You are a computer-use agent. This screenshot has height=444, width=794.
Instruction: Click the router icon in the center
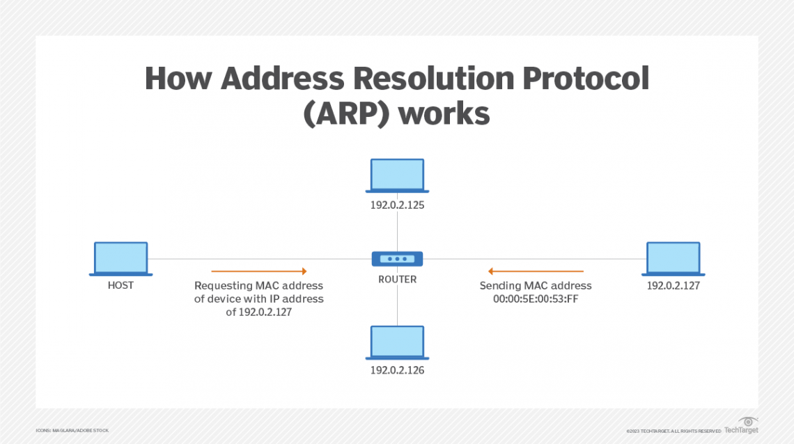coord(397,259)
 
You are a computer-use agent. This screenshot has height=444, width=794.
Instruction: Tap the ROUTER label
coord(397,279)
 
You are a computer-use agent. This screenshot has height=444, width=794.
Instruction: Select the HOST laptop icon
coord(121,259)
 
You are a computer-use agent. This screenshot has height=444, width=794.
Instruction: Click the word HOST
coord(120,285)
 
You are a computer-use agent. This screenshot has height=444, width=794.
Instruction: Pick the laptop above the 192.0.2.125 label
coord(397,176)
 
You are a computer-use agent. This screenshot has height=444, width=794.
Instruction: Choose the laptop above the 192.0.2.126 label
coord(397,342)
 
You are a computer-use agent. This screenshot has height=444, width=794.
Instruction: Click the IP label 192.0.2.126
coord(397,370)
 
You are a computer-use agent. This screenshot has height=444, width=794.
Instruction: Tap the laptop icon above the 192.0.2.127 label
coord(674,259)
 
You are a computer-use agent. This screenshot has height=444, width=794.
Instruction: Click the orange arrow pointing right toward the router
coord(258,271)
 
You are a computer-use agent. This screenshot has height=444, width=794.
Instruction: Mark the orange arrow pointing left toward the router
coord(536,271)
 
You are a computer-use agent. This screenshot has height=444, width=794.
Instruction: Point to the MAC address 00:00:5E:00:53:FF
coord(536,299)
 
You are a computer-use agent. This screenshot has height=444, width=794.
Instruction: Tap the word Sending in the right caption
coord(501,285)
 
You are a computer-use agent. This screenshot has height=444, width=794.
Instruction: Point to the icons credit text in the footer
coord(72,431)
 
